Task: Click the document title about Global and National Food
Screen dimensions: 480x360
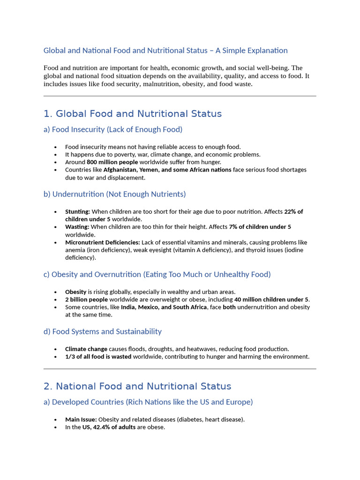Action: [165, 50]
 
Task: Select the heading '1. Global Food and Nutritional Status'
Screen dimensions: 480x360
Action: [133, 114]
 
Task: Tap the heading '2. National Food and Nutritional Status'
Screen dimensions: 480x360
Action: [137, 386]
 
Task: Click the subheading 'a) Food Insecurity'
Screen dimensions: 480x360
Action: [113, 129]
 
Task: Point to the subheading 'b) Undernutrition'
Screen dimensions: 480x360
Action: [114, 194]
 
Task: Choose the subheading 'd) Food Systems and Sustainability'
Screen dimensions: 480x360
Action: [102, 331]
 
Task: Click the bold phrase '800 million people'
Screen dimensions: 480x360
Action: [112, 162]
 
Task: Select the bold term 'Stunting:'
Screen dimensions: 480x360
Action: [77, 212]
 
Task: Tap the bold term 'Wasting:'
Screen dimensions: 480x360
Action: [77, 227]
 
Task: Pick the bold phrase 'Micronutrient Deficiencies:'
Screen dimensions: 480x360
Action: [103, 242]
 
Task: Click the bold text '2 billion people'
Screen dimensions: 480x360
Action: [86, 300]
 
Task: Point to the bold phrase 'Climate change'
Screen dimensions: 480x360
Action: [86, 349]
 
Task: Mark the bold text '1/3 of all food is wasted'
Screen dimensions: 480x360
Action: [98, 357]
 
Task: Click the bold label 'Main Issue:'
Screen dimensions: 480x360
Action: [81, 420]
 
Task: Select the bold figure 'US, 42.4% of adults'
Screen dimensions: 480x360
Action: [109, 427]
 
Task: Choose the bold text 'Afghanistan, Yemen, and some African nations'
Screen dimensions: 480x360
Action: [167, 170]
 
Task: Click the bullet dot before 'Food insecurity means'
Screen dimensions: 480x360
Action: [56, 147]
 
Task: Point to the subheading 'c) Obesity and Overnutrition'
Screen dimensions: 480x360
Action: [157, 274]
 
